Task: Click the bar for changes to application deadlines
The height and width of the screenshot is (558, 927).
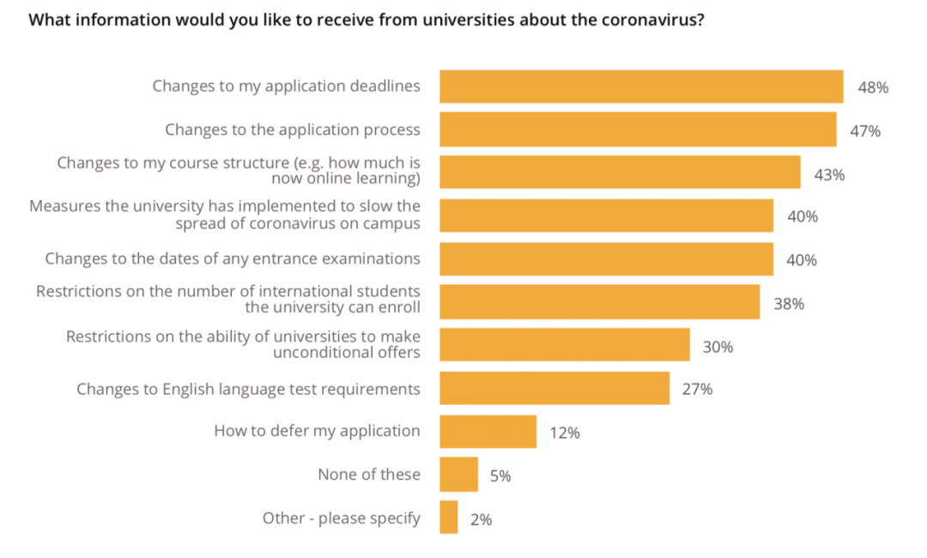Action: coord(641,87)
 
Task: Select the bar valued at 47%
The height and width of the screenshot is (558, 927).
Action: coord(638,130)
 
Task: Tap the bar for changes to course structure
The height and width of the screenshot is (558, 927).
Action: coord(620,173)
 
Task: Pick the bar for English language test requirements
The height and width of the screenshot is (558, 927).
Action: coord(554,388)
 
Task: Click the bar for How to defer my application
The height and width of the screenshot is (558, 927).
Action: coord(488,431)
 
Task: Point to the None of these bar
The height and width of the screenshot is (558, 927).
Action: coord(458,474)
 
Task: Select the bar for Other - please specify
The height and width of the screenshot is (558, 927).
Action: coord(448,518)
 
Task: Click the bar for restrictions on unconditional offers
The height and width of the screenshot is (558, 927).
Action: coord(565,345)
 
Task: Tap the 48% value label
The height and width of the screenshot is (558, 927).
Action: coord(872,88)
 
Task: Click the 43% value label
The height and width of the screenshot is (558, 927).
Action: coord(829,174)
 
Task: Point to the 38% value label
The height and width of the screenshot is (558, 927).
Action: coord(788,304)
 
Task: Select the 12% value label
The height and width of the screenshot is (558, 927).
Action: coord(565,433)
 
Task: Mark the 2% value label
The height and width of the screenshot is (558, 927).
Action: coord(481,519)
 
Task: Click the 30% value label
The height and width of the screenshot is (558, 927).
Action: coord(718,347)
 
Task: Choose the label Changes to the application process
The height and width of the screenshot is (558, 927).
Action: coord(293,130)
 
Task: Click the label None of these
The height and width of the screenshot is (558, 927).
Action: coord(369,474)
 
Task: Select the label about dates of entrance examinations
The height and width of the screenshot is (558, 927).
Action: coord(233,258)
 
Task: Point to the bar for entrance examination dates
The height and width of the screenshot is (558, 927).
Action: coord(606,258)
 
